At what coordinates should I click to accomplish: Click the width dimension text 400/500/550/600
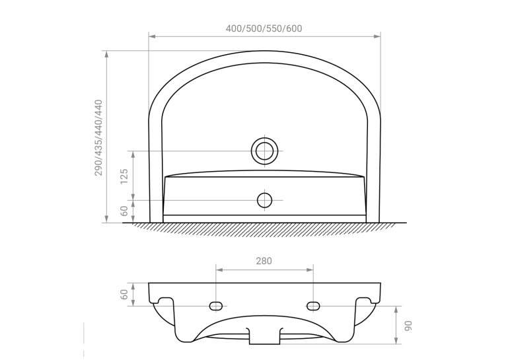point(264,28)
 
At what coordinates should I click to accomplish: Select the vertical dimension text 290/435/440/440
point(98,138)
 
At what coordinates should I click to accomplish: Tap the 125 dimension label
point(124,176)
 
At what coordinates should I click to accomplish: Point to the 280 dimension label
point(264,261)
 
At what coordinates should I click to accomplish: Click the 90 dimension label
point(408,326)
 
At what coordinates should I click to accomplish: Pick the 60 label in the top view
point(124,211)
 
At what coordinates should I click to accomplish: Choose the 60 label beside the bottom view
point(124,294)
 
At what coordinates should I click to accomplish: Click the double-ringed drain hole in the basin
point(265,151)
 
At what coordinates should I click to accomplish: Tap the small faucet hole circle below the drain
point(265,200)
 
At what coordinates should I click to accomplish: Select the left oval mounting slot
point(216,306)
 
